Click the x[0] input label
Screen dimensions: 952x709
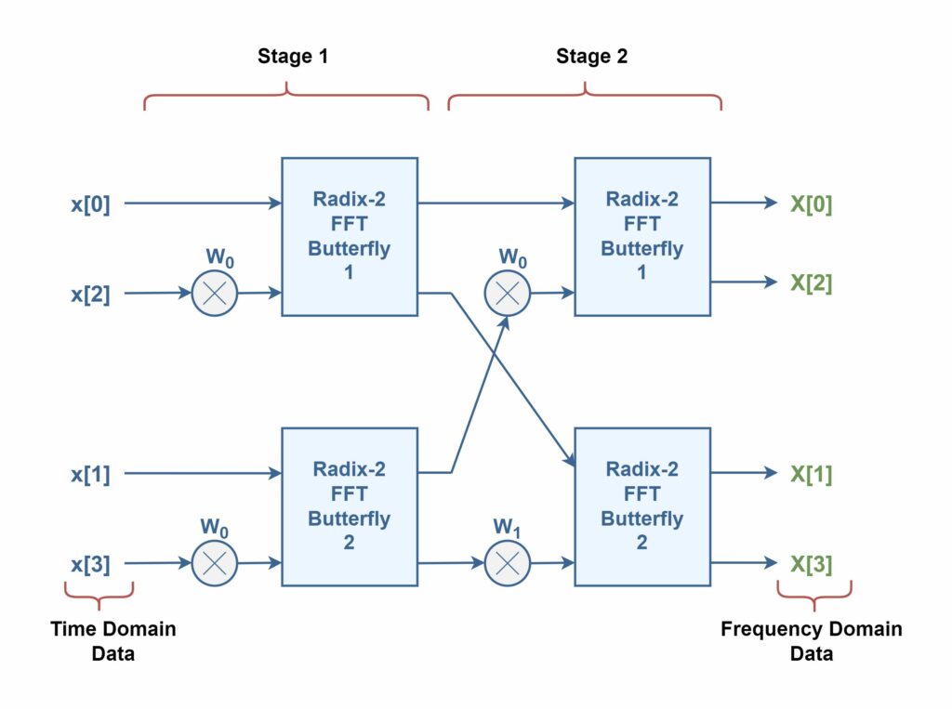tap(90, 204)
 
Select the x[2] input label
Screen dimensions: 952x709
tap(90, 295)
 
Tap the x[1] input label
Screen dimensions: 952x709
tap(90, 474)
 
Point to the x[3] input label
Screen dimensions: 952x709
tap(90, 565)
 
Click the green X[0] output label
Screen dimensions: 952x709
tap(811, 204)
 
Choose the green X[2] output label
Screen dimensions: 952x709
tap(811, 282)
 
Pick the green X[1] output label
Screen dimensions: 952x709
tap(811, 474)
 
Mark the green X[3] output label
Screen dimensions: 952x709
tap(811, 565)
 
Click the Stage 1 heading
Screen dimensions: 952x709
tap(293, 57)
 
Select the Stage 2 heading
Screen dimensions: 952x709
tap(592, 57)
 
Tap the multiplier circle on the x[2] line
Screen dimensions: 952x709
tap(215, 294)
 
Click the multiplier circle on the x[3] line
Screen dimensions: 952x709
tap(215, 563)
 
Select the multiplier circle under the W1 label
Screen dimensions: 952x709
tap(508, 563)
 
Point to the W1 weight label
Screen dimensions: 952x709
tap(507, 527)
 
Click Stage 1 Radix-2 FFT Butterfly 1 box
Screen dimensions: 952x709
tap(350, 237)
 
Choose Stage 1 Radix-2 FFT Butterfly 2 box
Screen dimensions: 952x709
tap(350, 506)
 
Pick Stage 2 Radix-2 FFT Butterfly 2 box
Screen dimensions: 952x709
tap(642, 506)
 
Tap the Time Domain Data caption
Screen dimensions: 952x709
tap(113, 641)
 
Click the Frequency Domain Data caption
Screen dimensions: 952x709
tap(811, 641)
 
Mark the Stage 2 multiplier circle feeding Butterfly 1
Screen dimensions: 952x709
tap(508, 294)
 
